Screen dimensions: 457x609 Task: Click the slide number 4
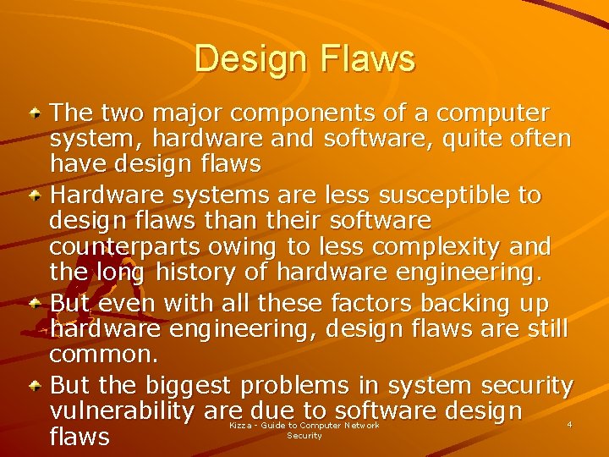(569, 424)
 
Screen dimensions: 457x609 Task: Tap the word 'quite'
(453, 138)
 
